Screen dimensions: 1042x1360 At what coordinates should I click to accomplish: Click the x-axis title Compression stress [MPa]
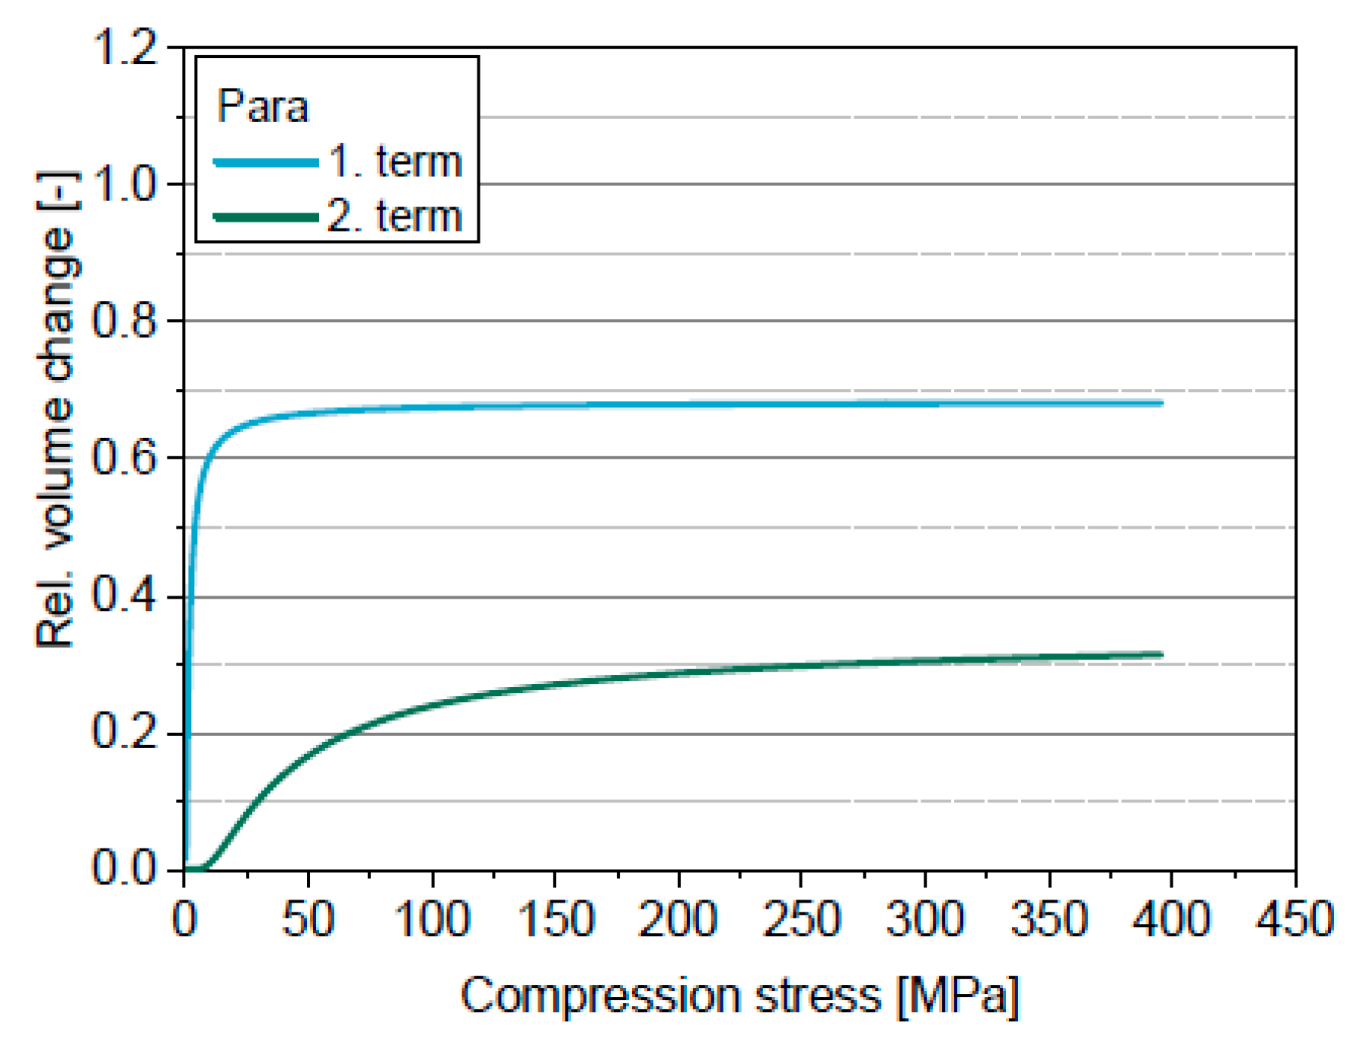click(x=739, y=996)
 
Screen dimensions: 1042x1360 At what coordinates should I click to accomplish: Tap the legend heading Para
click(x=263, y=106)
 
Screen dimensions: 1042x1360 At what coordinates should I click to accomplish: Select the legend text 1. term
click(x=395, y=162)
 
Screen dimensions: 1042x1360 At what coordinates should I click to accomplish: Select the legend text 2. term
click(x=395, y=217)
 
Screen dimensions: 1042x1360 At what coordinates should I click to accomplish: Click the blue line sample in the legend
click(x=266, y=162)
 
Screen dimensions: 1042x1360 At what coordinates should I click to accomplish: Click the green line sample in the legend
click(x=266, y=217)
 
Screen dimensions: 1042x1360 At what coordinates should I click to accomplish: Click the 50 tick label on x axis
click(x=308, y=919)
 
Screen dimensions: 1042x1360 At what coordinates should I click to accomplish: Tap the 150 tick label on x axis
click(x=555, y=919)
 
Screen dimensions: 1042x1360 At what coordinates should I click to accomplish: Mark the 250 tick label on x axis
click(x=801, y=919)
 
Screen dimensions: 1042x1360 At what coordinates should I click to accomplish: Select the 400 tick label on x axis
click(x=1171, y=919)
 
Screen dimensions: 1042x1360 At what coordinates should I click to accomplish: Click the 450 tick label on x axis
click(x=1295, y=919)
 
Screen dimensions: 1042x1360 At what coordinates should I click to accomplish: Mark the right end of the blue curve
click(x=1162, y=403)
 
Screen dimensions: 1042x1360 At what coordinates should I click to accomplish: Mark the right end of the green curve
click(x=1162, y=654)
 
